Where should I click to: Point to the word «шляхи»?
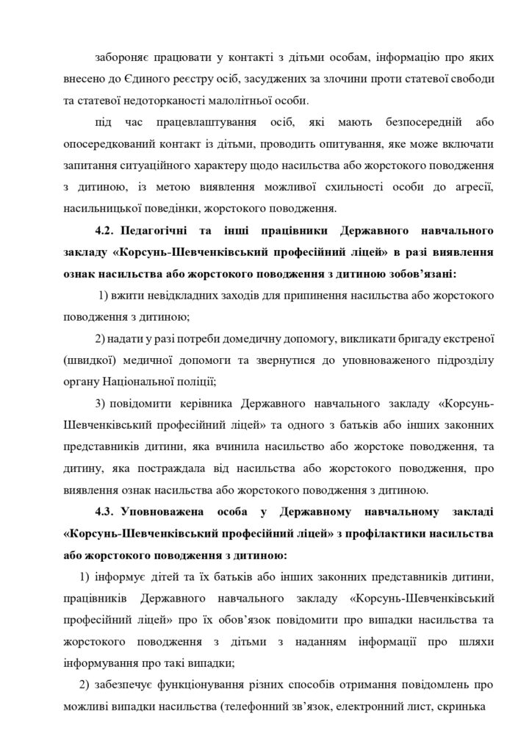[x=478, y=640]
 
